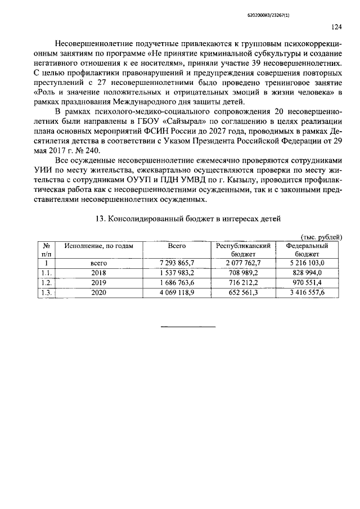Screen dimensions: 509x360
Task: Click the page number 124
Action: click(x=336, y=26)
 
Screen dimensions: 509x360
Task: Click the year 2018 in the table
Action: click(x=98, y=273)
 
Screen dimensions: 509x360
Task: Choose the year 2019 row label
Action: click(x=98, y=282)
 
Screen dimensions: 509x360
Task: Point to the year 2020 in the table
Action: click(x=98, y=292)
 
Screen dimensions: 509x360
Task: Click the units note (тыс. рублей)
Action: click(x=321, y=237)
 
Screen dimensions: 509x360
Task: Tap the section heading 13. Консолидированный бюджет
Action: click(x=186, y=218)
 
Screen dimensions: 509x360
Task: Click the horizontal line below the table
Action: click(x=189, y=327)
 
